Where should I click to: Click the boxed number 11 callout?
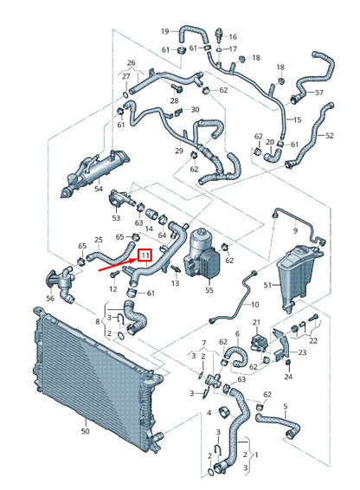pyautogui.click(x=146, y=255)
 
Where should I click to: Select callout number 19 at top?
pyautogui.click(x=164, y=31)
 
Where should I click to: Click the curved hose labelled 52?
pyautogui.click(x=329, y=136)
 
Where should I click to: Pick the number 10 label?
pyautogui.click(x=254, y=305)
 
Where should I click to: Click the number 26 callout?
pyautogui.click(x=131, y=63)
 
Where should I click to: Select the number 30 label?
pyautogui.click(x=195, y=110)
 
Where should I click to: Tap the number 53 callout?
pyautogui.click(x=139, y=223)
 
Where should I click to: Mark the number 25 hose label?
pyautogui.click(x=98, y=240)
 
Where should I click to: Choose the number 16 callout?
pyautogui.click(x=232, y=37)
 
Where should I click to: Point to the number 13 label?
pyautogui.click(x=176, y=282)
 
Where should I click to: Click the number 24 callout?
pyautogui.click(x=289, y=377)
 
